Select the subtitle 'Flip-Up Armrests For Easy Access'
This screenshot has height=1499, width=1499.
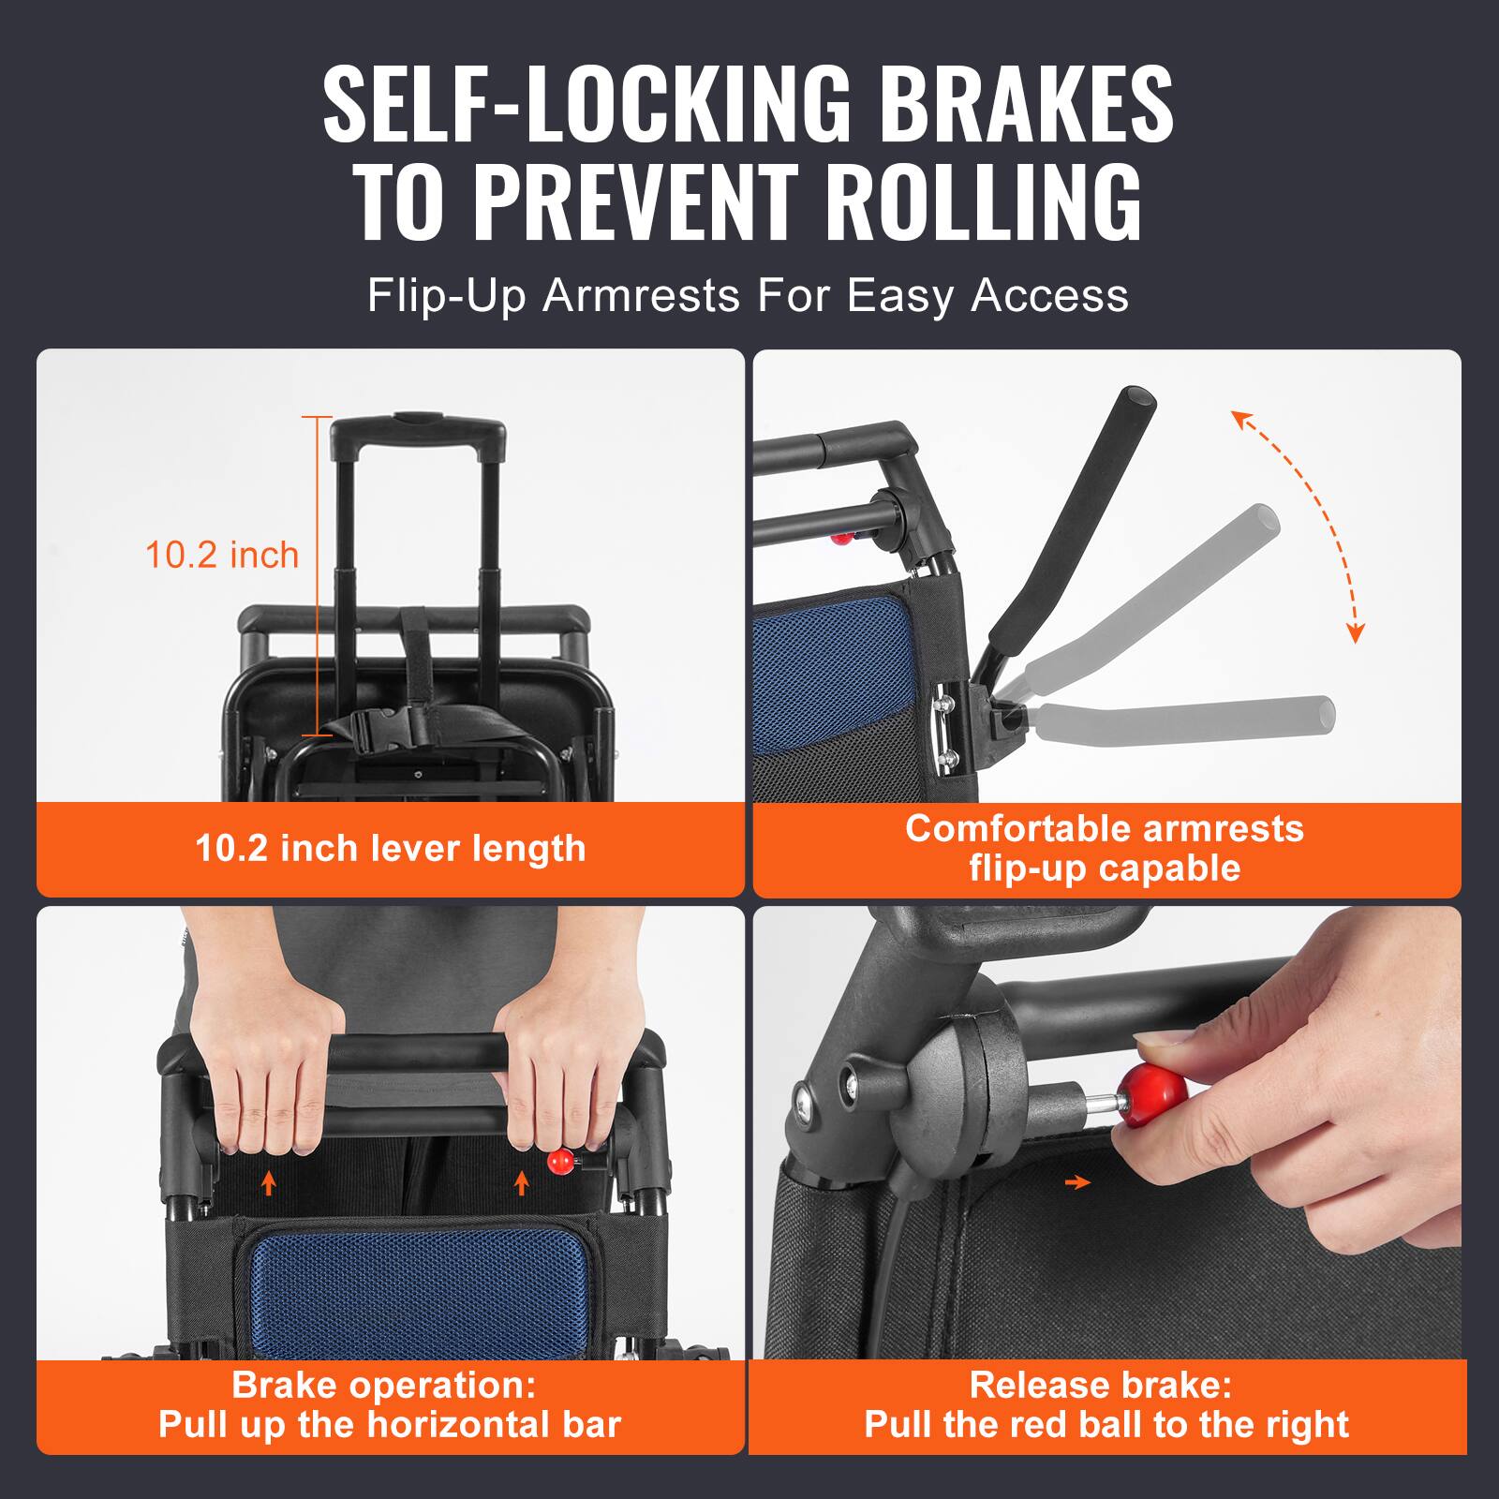coord(748,296)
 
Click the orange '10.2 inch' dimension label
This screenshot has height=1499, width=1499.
coord(222,556)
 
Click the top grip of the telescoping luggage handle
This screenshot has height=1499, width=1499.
coord(418,426)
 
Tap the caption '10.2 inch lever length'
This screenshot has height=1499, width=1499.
coord(390,849)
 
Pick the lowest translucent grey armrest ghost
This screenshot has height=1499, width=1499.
coord(1180,717)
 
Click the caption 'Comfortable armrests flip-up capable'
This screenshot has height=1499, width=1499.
coord(1106,848)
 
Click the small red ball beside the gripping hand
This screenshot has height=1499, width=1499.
coord(559,1163)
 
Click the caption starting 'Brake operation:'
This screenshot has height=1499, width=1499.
coord(389,1405)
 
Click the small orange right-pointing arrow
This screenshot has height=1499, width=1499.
coord(1077,1183)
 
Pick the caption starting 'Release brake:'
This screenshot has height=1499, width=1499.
coord(1106,1405)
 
